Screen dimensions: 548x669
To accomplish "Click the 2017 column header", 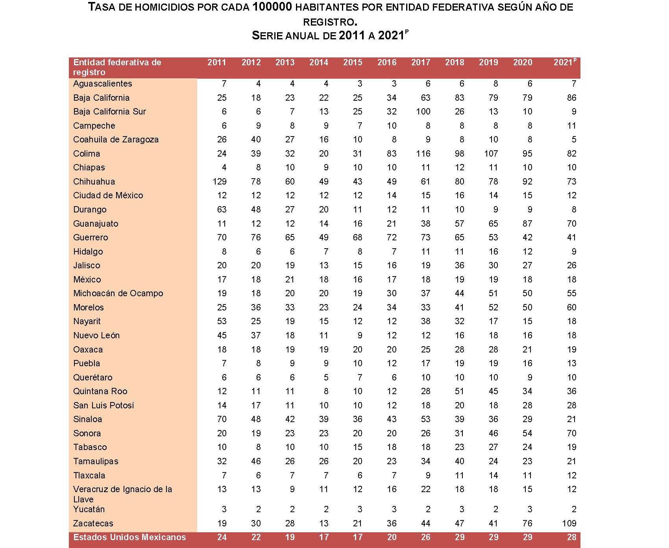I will (421, 63).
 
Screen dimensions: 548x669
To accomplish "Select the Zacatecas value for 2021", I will (569, 523).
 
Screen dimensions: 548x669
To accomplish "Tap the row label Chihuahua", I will (94, 182).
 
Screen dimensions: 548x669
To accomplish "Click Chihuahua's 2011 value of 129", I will (219, 182).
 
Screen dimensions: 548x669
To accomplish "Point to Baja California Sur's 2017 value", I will (423, 112).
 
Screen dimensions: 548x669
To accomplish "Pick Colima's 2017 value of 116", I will (423, 154).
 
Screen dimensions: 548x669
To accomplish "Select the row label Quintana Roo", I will (100, 391).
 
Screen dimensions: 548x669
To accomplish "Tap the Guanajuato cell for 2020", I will (527, 224).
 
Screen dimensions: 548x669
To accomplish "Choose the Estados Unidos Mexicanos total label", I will (129, 537).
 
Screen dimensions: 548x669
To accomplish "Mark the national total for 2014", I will (323, 537).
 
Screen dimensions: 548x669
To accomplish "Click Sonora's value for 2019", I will (493, 434).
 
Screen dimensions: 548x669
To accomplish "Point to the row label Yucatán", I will (89, 509).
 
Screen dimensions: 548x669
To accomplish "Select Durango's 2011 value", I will (222, 210).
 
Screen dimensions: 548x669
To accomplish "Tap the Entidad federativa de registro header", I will (117, 67).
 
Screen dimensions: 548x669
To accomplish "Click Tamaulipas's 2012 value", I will (256, 461).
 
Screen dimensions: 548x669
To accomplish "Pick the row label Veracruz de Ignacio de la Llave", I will (122, 494).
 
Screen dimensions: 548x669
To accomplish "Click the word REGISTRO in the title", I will (335, 22).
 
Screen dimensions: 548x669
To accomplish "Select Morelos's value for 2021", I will (571, 308).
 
